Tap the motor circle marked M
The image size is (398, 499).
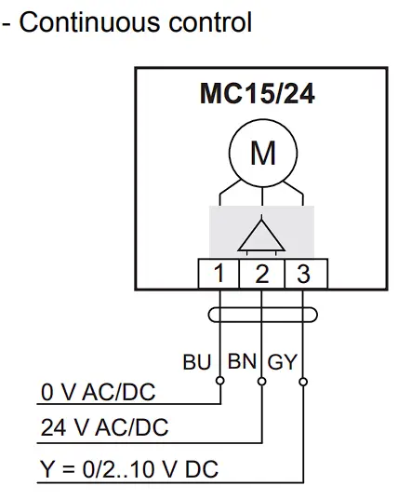[262, 153]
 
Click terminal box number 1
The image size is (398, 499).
[219, 274]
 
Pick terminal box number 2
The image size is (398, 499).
[262, 274]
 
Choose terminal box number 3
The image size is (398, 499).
[302, 274]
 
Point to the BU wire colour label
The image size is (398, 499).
[197, 362]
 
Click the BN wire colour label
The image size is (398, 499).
[242, 361]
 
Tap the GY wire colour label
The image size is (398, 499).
[283, 362]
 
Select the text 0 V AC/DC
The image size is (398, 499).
[98, 393]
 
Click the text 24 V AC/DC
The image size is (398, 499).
[103, 428]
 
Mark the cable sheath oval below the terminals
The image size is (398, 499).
[261, 317]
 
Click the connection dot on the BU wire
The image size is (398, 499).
[220, 380]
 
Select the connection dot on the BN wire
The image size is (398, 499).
[262, 380]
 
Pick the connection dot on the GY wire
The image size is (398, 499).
[303, 380]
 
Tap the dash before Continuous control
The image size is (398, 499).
[7, 23]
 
